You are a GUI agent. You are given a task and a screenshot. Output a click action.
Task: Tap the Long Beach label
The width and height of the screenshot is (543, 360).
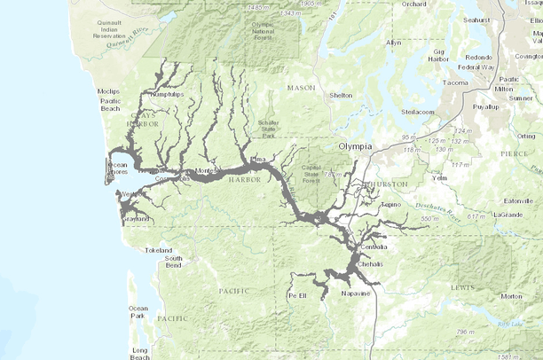pyautogui.click(x=140, y=351)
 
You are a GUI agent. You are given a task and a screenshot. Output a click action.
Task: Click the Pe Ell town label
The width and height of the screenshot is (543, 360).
pyautogui.click(x=296, y=295)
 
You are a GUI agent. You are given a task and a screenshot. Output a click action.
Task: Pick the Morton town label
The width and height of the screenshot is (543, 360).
pyautogui.click(x=511, y=296)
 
